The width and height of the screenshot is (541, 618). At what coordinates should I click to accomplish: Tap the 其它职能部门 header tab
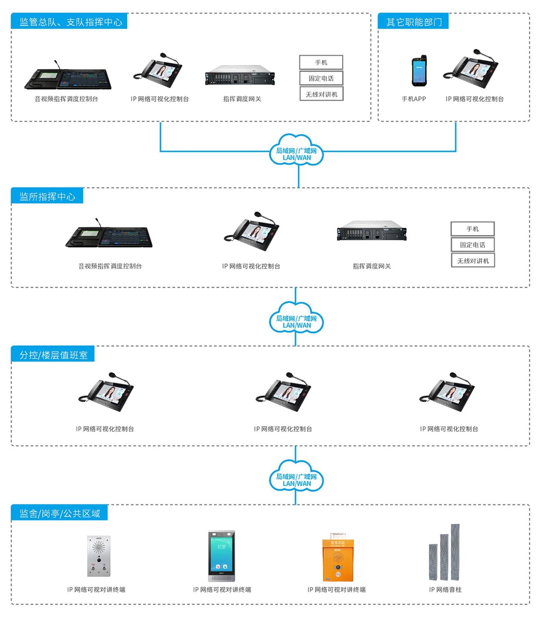pos(413,22)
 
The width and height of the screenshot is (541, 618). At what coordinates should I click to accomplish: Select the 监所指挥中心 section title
pos(47,197)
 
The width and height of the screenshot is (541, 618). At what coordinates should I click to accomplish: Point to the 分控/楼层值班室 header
pos(53,355)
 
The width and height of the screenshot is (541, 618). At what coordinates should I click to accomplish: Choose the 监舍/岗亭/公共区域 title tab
pos(60,513)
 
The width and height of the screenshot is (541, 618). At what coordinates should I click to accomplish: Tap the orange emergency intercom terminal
pos(338,557)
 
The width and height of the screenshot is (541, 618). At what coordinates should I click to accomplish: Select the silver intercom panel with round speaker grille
pos(99,556)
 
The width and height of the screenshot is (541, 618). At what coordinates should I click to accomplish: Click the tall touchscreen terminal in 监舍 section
pos(221,556)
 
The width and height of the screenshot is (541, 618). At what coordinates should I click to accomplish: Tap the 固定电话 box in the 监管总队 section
pos(321,79)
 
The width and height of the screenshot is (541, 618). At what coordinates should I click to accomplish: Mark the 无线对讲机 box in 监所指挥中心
pos(473,261)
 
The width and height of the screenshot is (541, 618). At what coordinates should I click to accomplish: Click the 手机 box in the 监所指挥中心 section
pos(473,229)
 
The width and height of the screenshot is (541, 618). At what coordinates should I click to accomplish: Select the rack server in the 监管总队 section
pos(240,75)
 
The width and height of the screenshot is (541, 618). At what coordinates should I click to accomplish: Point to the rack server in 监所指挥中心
pos(371,231)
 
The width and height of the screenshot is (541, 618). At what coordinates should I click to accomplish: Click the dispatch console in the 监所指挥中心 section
pos(109,235)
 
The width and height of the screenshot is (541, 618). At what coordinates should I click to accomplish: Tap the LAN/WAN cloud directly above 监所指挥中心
pos(297,150)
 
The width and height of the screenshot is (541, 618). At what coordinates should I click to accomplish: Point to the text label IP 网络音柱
pos(445,589)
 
